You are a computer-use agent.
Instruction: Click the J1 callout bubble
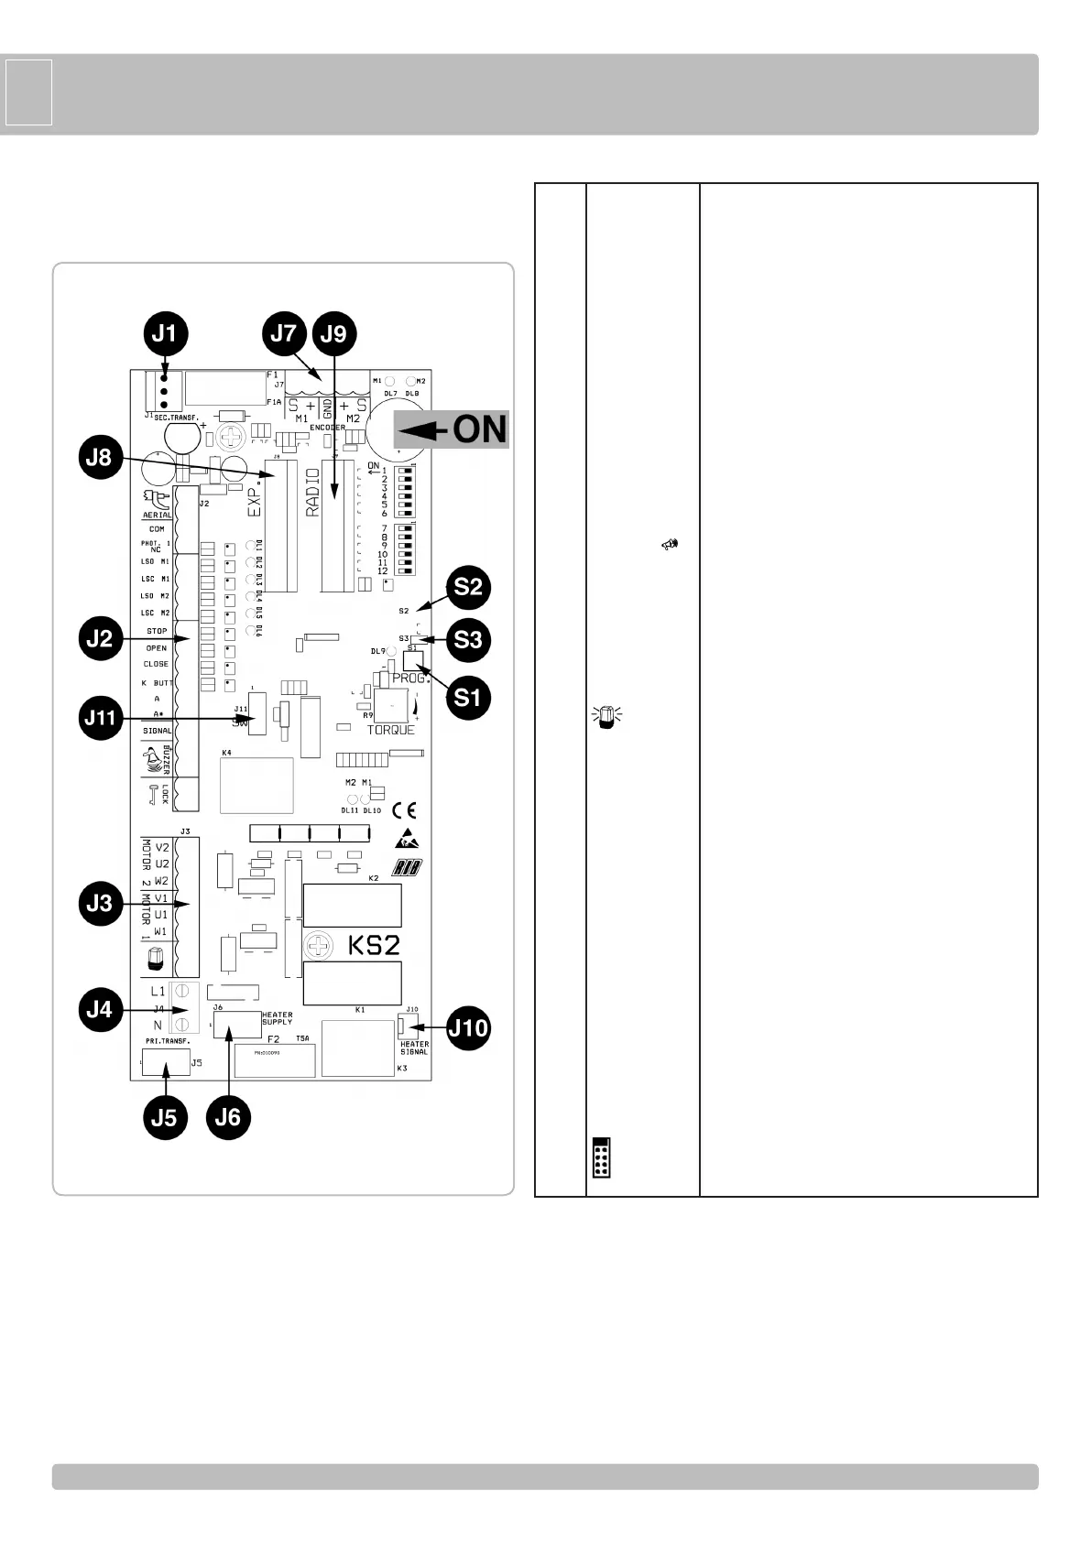[165, 335]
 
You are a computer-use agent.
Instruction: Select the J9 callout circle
[334, 335]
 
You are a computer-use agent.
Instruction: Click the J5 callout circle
[164, 1117]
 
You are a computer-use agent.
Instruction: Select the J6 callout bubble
[227, 1117]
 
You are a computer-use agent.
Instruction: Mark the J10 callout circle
[468, 1028]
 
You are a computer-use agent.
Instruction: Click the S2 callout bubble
[468, 588]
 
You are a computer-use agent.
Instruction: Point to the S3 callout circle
[468, 639]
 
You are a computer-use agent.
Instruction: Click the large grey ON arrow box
[452, 429]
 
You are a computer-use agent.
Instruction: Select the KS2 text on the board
[374, 945]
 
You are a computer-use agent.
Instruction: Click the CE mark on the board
[404, 810]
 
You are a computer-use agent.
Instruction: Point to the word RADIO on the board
[313, 493]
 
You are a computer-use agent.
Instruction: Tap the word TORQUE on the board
[391, 730]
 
